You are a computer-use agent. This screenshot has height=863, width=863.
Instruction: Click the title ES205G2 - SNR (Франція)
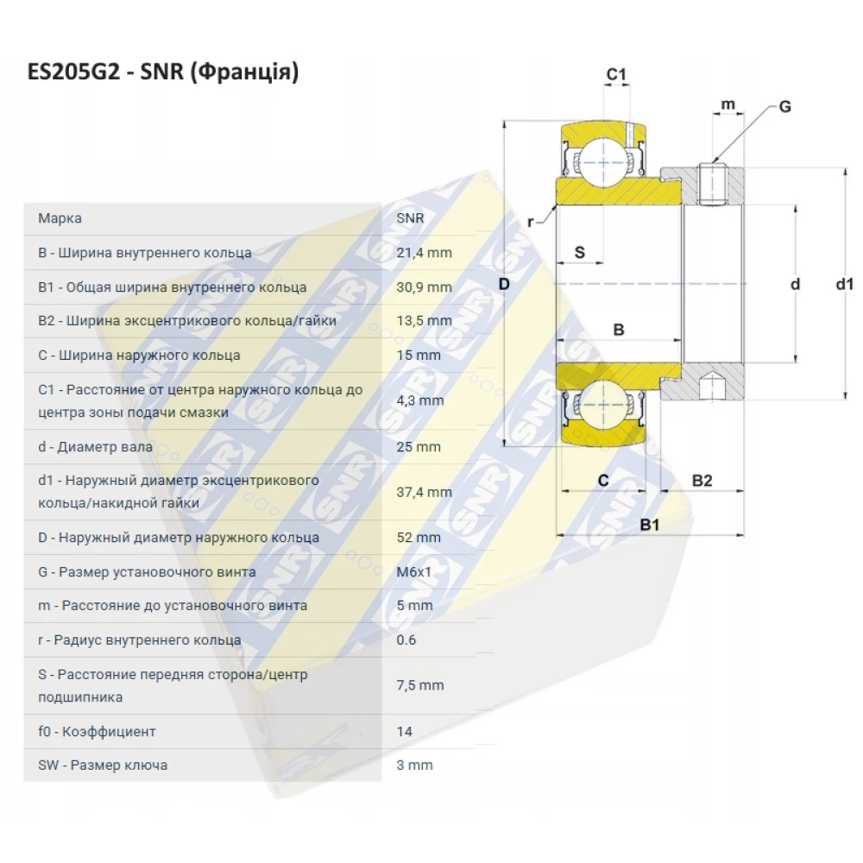[163, 72]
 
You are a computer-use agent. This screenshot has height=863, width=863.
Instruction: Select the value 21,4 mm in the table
[424, 253]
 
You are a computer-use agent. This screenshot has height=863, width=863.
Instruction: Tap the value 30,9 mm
[424, 287]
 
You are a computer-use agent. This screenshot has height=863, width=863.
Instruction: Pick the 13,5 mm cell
[424, 321]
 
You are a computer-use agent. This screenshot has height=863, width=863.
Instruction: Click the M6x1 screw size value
[414, 571]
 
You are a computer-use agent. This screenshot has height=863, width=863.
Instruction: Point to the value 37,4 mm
[424, 492]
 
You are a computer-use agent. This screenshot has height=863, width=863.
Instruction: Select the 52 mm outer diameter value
[419, 538]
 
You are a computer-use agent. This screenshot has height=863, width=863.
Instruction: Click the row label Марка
[60, 218]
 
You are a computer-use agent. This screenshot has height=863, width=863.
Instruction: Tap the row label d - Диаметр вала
[95, 447]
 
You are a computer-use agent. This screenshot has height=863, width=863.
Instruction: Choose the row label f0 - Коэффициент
[97, 731]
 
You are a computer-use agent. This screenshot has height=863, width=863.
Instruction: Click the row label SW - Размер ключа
[103, 765]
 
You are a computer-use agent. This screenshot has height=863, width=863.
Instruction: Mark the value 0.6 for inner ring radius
[406, 640]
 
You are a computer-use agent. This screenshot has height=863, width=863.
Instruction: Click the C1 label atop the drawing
[615, 75]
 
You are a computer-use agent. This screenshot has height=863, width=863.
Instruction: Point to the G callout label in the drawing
[784, 107]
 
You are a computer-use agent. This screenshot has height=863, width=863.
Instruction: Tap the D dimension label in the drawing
[506, 284]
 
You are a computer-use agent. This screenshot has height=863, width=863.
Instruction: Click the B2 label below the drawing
[702, 481]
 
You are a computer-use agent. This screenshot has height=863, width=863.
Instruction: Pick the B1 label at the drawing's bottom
[650, 524]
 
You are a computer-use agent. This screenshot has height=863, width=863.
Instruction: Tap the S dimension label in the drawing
[580, 252]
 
